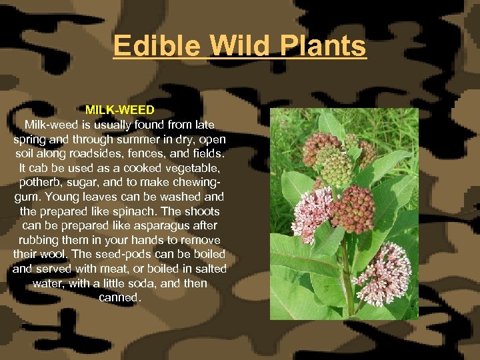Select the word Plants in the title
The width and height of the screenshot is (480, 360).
point(324,46)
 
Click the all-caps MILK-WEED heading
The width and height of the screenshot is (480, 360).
point(120,109)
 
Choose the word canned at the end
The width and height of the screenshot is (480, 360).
point(120,297)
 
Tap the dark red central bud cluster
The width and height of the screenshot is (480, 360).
point(353,210)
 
